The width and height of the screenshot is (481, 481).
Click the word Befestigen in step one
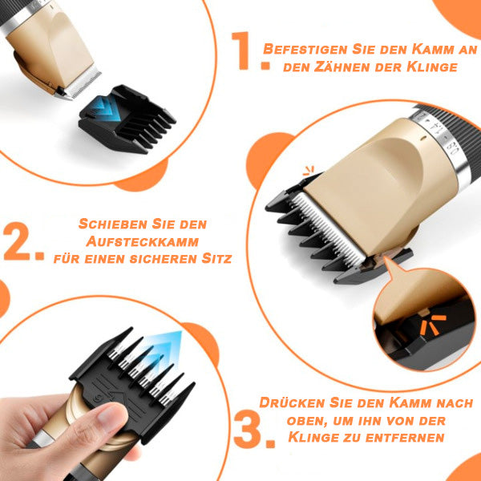[x=305, y=49]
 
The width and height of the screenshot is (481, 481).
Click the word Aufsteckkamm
[x=143, y=241]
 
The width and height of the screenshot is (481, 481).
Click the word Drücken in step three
[x=292, y=402]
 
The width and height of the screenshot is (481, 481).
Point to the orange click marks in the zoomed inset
[x=433, y=324]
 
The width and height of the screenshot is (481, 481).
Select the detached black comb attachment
[x=127, y=119]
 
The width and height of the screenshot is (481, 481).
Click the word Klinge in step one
[x=432, y=67]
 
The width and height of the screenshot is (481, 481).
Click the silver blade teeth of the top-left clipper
[x=81, y=83]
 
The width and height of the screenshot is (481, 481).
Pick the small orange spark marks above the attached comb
[x=309, y=171]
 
